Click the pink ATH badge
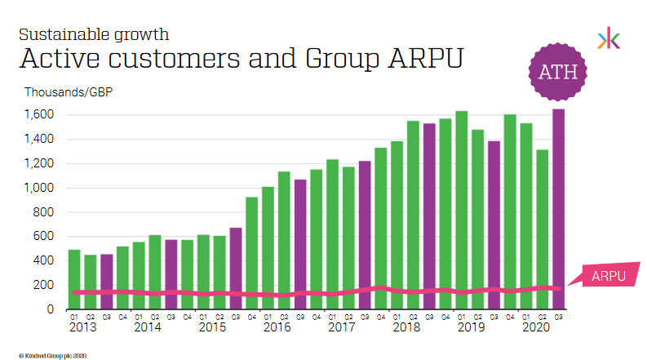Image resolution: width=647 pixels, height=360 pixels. (558, 72)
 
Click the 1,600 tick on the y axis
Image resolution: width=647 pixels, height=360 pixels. (40, 115)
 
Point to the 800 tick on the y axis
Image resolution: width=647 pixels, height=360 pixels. (44, 212)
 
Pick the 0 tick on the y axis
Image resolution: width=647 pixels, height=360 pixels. (51, 309)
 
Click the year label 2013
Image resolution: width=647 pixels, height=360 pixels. (82, 327)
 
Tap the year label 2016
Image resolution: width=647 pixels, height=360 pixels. (277, 327)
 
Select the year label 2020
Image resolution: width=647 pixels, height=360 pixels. (535, 327)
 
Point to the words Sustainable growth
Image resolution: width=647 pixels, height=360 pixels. (94, 34)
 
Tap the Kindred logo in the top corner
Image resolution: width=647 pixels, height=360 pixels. (608, 38)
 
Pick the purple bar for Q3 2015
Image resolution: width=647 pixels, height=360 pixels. (235, 269)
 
